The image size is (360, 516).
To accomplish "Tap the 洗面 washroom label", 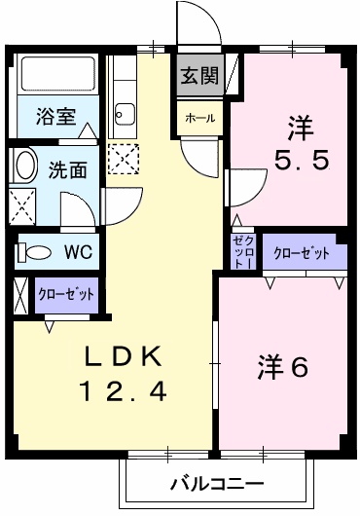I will [x=67, y=168].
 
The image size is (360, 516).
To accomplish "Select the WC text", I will [x=78, y=251].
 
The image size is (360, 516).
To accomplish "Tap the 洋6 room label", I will [x=283, y=368].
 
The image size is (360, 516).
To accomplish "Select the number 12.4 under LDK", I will [x=124, y=392].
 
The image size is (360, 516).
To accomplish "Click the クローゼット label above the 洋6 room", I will [x=301, y=253].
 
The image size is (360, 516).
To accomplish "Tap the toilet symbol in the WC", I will [x=35, y=252].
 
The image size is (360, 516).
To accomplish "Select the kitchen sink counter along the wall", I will [x=123, y=97].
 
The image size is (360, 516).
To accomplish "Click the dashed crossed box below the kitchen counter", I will [x=124, y=158].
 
